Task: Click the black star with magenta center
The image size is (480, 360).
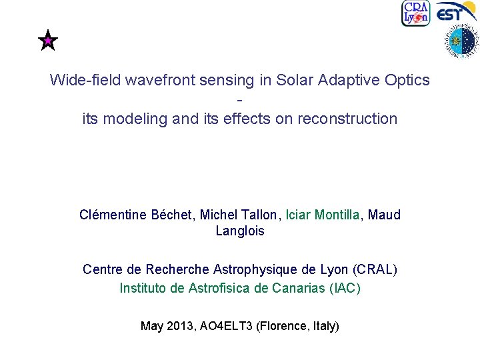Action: point(48,42)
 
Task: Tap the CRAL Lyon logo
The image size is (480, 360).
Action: point(415,13)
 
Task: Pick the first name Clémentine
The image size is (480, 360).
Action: point(112,215)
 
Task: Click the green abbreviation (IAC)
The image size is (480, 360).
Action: point(344,288)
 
